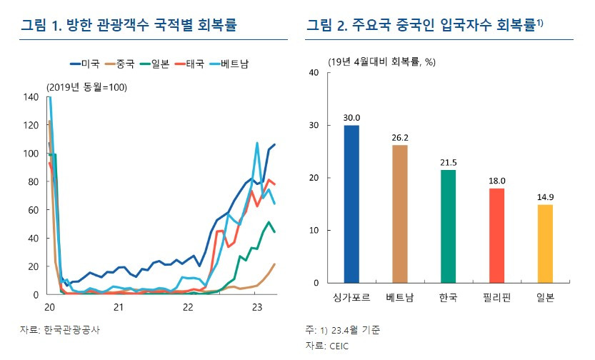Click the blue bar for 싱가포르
[x=351, y=204]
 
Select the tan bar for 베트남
[x=400, y=214]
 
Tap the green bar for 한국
[x=449, y=226]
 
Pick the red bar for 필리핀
[x=497, y=235]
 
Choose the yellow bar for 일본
[x=545, y=243]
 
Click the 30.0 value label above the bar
[x=351, y=118]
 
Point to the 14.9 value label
[x=545, y=197]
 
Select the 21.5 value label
[x=449, y=163]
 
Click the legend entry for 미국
[x=85, y=64]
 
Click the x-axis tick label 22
[x=187, y=307]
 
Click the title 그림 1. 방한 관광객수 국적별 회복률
[x=129, y=26]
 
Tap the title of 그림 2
[x=425, y=26]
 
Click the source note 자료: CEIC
[x=325, y=345]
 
